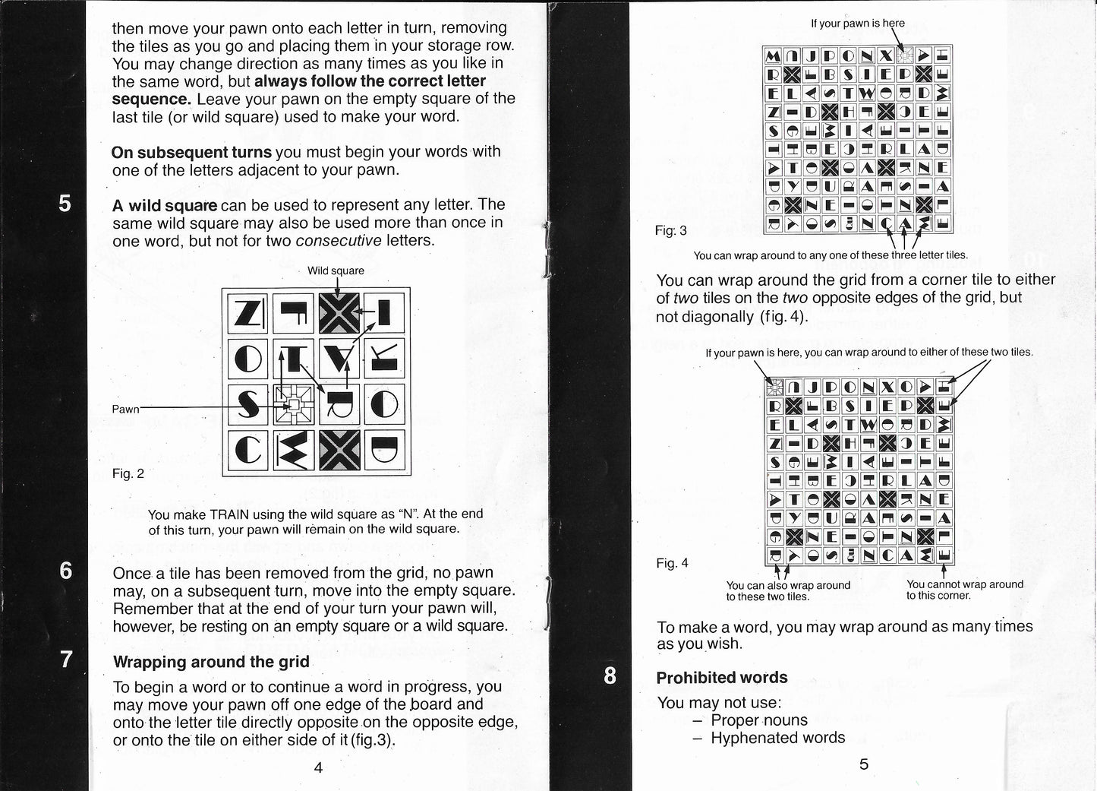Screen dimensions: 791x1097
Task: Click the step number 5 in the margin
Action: pos(66,204)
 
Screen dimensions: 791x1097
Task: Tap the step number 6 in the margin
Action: pos(66,570)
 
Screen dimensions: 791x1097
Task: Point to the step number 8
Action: pos(610,676)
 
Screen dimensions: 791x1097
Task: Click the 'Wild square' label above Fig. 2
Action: pos(336,271)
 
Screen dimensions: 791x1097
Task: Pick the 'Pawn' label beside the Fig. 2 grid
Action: pos(126,409)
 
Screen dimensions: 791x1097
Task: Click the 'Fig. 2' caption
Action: pos(128,473)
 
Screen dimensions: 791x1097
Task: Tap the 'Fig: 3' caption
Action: pos(671,230)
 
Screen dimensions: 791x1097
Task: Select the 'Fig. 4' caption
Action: pos(672,563)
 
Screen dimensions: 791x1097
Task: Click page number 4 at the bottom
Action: pos(318,767)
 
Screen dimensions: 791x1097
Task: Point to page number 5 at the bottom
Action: pos(863,764)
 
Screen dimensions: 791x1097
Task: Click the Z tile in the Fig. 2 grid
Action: pos(247,312)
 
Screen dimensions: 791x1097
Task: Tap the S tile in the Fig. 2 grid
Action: pos(247,404)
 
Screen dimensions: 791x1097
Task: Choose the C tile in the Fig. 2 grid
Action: pos(247,451)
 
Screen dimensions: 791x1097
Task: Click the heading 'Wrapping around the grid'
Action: pos(211,662)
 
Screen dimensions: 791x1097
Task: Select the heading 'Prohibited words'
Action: pos(722,678)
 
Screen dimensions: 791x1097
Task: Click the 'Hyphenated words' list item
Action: pos(777,738)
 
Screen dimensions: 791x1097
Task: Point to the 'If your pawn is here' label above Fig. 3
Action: pos(858,24)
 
